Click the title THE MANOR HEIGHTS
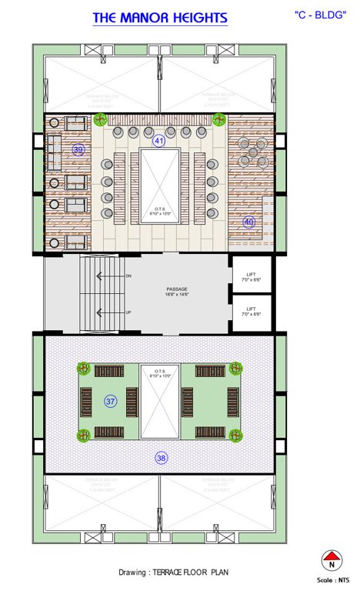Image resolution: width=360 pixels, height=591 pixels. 160,18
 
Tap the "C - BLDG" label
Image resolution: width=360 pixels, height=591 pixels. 319,15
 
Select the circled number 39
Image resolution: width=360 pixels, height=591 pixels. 78,150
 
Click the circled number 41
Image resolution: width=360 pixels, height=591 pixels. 159,141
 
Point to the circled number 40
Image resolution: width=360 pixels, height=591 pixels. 248,222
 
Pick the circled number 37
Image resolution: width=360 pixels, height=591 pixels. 111,401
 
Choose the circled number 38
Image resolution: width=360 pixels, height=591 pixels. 161,458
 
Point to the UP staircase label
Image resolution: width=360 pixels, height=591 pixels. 128,312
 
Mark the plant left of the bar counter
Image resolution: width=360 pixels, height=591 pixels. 100,119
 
